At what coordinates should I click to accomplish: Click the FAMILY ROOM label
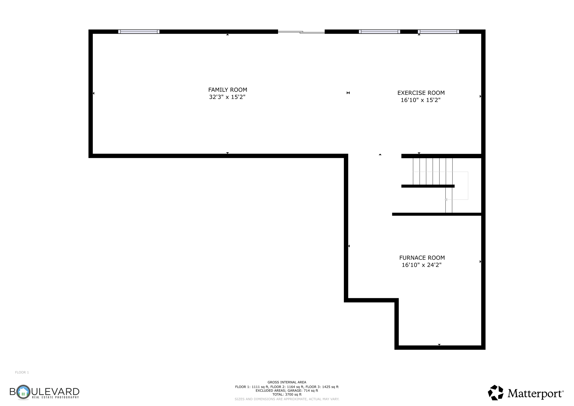228,90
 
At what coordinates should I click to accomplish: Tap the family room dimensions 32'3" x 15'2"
227,97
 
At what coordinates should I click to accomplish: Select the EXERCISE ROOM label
421,93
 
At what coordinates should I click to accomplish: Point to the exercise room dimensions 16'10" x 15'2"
420,100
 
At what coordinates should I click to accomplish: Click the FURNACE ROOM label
422,258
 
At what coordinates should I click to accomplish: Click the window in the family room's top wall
139,32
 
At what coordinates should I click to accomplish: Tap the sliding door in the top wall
301,32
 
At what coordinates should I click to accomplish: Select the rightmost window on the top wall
438,32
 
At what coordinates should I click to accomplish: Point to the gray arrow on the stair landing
446,200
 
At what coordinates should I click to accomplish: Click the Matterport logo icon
496,393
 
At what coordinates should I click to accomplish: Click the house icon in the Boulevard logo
23,392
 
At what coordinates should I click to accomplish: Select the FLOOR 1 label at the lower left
22,372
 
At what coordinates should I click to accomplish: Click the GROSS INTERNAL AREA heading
287,382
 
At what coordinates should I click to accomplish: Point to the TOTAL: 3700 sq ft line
287,394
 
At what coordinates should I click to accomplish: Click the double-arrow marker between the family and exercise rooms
348,93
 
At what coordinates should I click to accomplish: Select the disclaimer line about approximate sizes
287,399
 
